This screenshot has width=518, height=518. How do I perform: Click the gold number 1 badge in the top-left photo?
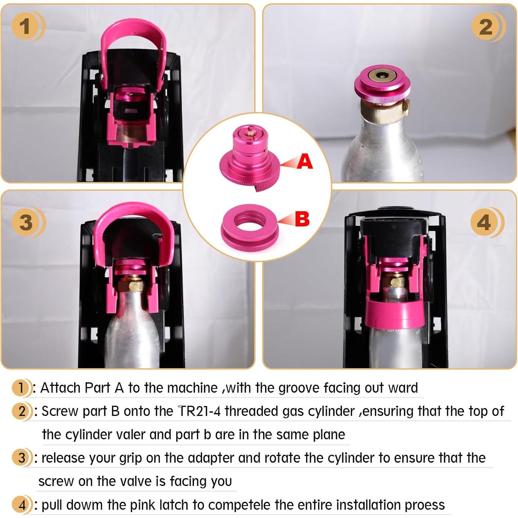[x=25, y=27]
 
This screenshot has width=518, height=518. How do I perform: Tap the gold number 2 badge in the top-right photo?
[x=486, y=27]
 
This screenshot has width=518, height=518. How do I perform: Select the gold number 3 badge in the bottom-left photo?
[x=26, y=222]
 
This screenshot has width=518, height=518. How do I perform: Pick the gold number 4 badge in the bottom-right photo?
[x=484, y=222]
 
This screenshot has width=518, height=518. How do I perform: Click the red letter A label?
[x=304, y=162]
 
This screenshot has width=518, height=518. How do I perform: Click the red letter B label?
[x=302, y=219]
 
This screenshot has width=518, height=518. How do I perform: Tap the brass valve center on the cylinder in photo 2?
[x=382, y=76]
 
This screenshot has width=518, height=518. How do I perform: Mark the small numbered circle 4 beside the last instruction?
[x=22, y=505]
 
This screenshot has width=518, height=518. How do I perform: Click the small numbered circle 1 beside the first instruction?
[x=21, y=388]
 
